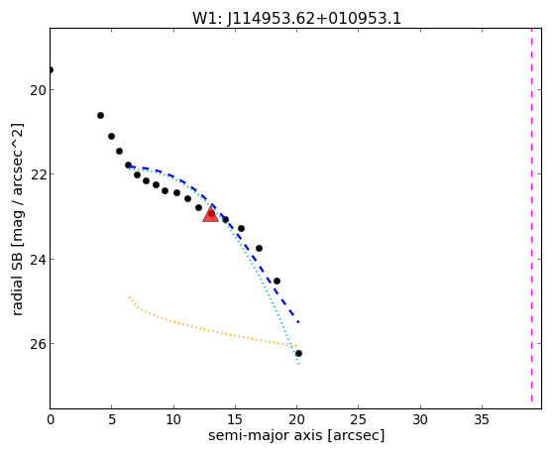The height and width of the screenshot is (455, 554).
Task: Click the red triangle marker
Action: click(210, 214)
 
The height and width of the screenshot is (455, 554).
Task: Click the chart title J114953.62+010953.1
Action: click(314, 19)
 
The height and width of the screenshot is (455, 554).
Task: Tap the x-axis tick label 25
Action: click(358, 420)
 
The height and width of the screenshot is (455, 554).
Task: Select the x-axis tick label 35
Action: click(482, 420)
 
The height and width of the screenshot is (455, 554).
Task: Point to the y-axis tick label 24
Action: click(38, 260)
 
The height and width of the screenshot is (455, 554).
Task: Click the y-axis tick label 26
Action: click(38, 344)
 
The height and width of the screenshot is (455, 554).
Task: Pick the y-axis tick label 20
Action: click(38, 90)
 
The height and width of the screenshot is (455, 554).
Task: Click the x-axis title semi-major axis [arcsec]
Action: click(296, 435)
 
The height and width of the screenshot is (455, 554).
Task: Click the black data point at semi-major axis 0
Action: click(51, 69)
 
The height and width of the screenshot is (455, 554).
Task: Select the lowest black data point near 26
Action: click(298, 353)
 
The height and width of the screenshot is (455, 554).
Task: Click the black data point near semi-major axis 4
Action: click(100, 115)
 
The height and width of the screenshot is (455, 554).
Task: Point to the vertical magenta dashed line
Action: click(531, 215)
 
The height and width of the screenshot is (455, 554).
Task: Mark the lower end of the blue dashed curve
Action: click(299, 322)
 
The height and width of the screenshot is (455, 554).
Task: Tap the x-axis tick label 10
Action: click(173, 420)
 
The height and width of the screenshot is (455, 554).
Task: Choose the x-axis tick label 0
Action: click(51, 420)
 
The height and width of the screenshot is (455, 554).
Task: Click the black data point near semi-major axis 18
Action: click(277, 282)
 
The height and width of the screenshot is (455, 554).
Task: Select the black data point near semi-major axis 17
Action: click(259, 248)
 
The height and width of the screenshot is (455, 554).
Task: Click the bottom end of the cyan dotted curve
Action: click(298, 364)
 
